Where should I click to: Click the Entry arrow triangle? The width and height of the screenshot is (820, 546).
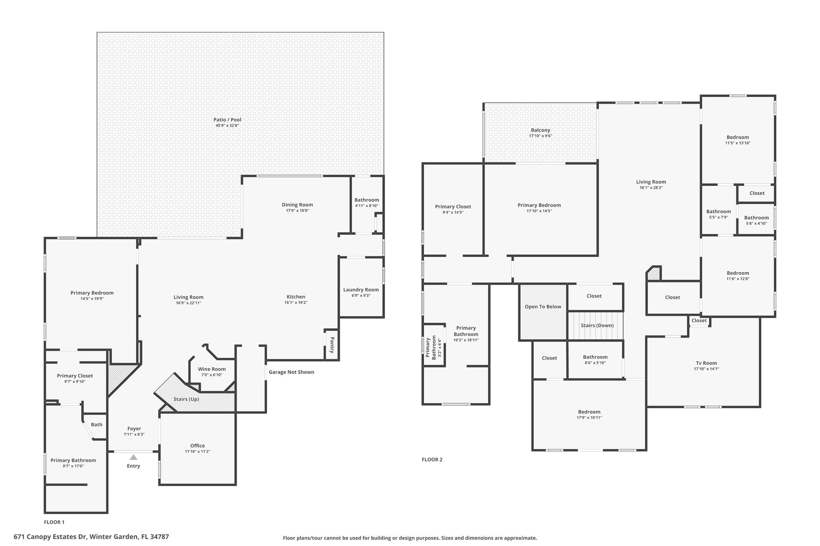point(133,457)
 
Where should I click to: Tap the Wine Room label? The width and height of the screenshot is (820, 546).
point(212,369)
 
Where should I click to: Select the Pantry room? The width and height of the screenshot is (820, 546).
point(332,345)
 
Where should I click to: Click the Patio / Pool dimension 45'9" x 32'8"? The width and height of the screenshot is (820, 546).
point(227,126)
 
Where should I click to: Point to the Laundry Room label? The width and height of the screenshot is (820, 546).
point(361,290)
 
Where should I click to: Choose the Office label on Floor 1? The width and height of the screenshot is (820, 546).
point(197,446)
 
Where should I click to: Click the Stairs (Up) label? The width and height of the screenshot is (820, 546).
point(186,399)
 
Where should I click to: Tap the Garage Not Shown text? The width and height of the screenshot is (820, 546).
point(291,372)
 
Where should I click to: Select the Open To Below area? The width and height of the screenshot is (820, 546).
point(543,312)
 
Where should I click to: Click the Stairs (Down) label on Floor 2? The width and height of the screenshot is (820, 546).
point(597,325)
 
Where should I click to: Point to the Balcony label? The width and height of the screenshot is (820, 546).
point(541,130)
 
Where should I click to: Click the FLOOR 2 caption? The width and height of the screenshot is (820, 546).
point(432,460)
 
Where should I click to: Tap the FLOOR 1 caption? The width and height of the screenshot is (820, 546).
point(54,522)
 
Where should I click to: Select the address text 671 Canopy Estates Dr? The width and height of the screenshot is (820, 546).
point(50,536)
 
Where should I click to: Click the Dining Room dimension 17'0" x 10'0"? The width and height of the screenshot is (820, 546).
point(297,210)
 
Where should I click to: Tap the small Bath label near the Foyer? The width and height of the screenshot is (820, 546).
point(96,425)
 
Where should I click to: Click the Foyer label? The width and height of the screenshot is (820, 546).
point(134,429)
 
